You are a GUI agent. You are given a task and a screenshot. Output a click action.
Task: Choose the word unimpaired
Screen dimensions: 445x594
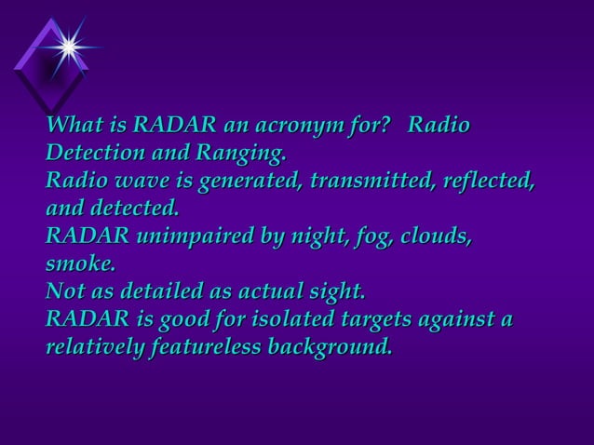(195, 236)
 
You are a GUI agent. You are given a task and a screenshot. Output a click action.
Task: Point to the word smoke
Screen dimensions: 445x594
(80, 263)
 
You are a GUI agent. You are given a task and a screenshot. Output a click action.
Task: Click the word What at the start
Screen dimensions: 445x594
(74, 125)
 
